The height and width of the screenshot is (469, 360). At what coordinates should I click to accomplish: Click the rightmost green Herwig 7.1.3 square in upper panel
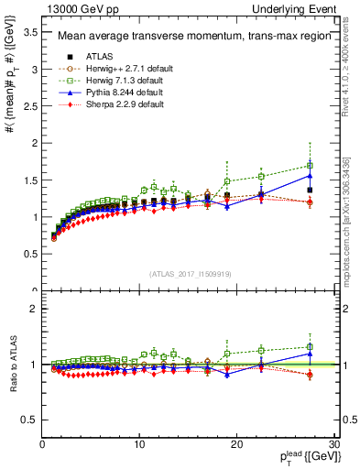(310, 166)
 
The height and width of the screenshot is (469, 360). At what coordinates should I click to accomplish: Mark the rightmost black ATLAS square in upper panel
(310, 191)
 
